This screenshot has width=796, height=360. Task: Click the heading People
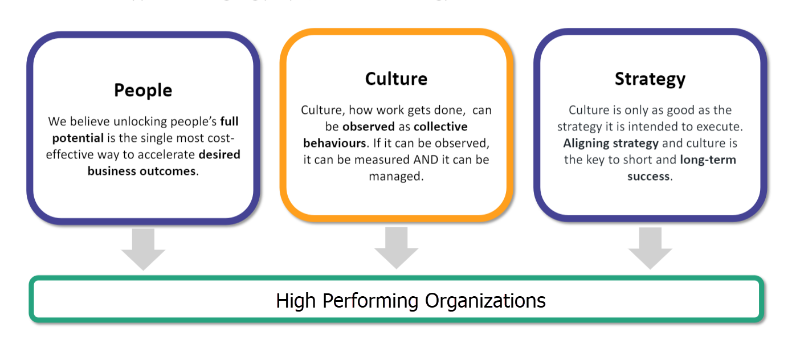pos(143,90)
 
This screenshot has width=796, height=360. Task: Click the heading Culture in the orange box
pos(396,79)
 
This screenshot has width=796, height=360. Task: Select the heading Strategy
pos(650,79)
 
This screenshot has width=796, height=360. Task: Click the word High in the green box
pos(297,300)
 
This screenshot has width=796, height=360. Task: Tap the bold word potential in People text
pos(78,138)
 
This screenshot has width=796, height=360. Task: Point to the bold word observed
pos(368,126)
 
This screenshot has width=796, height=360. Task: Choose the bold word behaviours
pos(334,143)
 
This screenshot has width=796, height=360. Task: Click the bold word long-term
pos(708,159)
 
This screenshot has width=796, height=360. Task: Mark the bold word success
pos(648,176)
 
